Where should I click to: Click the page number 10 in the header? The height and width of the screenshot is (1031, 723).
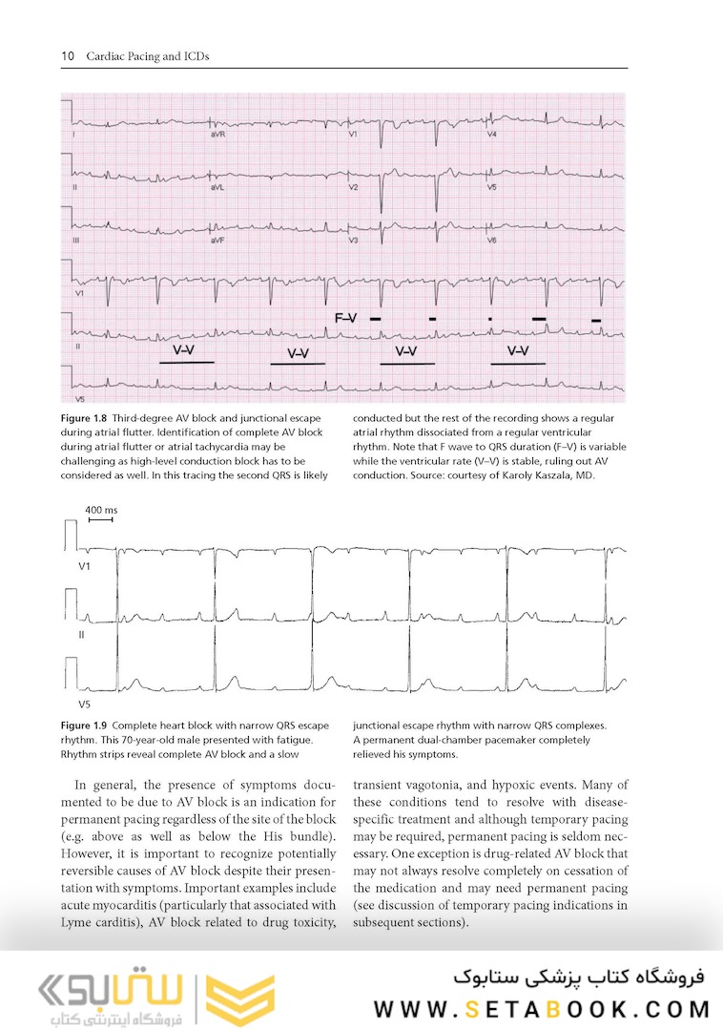click(x=68, y=56)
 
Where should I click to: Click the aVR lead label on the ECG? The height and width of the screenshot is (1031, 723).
click(x=217, y=136)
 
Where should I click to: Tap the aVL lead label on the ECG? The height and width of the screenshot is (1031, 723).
click(x=217, y=188)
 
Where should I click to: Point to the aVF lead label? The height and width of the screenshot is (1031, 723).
click(x=217, y=241)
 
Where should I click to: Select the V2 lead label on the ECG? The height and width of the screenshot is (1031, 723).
click(x=353, y=188)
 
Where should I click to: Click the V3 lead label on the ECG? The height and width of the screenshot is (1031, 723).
click(x=353, y=241)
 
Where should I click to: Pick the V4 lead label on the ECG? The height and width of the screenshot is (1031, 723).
click(x=492, y=136)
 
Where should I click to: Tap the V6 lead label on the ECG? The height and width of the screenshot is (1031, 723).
click(x=492, y=241)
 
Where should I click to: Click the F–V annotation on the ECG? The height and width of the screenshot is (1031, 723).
click(x=345, y=317)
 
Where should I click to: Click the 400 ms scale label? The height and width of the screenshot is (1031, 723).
click(x=100, y=510)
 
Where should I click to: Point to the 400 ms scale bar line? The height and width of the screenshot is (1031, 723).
click(x=100, y=520)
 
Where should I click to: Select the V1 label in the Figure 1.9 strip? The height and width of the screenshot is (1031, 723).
click(x=84, y=567)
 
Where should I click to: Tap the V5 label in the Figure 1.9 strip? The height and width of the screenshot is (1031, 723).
click(x=84, y=705)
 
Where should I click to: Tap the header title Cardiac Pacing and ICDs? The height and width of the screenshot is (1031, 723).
click(x=148, y=56)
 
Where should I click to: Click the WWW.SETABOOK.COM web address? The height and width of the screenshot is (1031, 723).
click(x=542, y=1009)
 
